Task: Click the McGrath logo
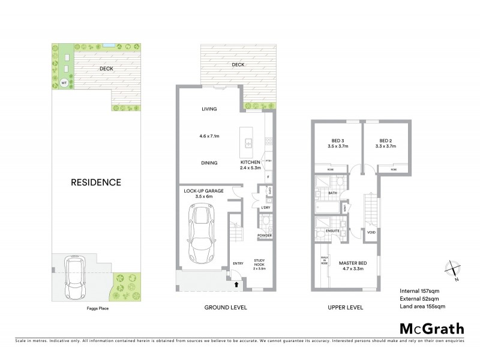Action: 431,328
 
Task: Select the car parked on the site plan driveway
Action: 75,279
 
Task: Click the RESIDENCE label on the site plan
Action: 97,182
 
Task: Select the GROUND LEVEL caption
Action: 225,307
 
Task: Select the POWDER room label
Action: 265,235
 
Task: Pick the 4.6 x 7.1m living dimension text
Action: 209,135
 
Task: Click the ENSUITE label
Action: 333,230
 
